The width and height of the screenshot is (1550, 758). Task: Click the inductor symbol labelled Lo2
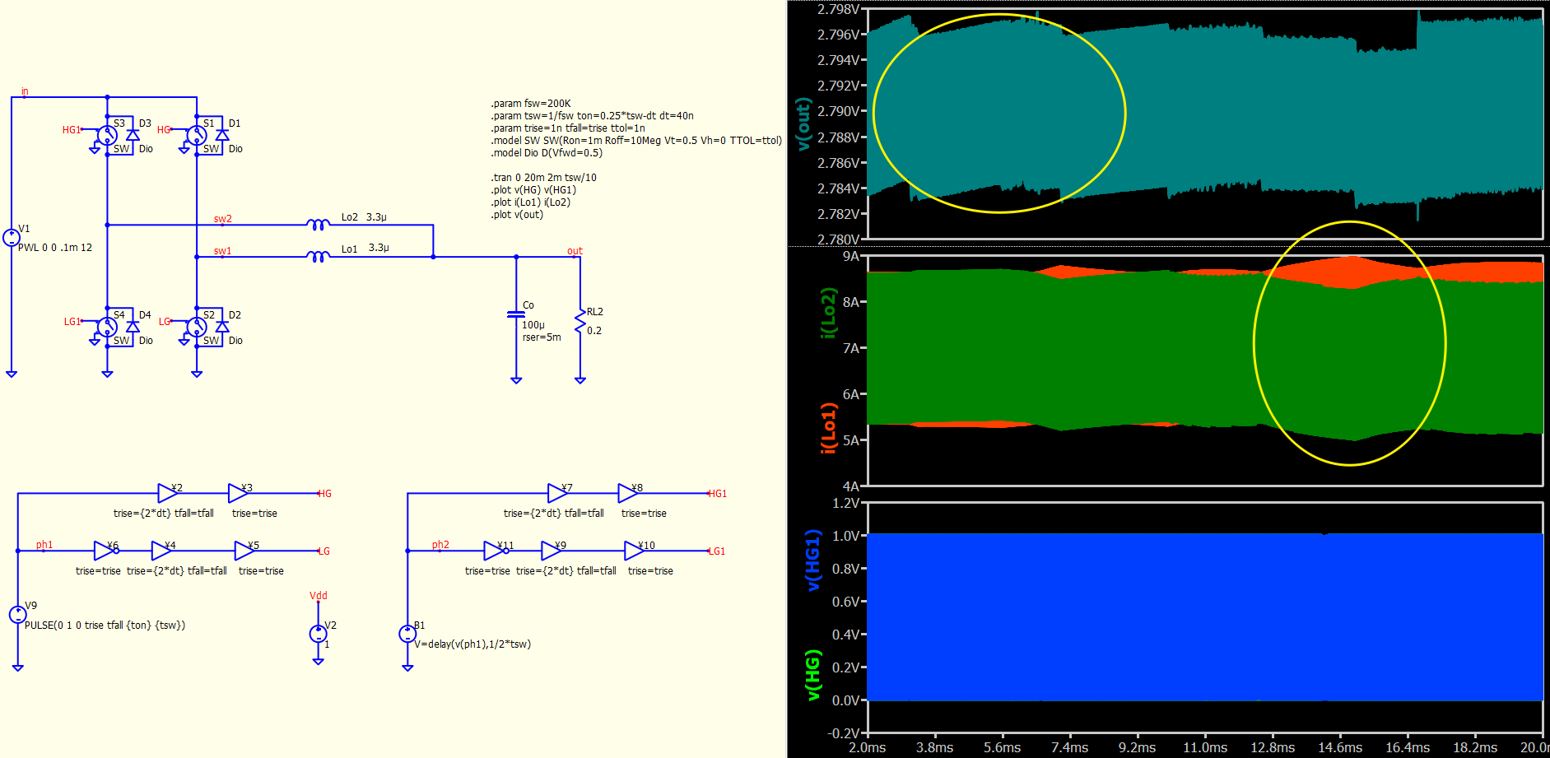click(318, 224)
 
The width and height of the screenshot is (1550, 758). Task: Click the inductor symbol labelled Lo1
click(318, 256)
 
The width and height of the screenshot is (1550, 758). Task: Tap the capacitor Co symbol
click(516, 314)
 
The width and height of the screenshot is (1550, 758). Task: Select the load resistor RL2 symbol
click(580, 323)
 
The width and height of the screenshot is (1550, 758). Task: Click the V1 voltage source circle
click(12, 237)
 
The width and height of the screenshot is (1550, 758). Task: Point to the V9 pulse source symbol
click(17, 614)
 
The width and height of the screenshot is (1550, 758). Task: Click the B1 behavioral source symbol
click(407, 634)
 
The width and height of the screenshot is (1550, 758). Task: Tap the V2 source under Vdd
click(318, 634)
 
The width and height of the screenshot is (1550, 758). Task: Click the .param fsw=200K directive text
click(531, 104)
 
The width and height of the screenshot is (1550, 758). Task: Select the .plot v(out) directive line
click(517, 215)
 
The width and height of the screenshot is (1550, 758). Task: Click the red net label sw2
click(222, 219)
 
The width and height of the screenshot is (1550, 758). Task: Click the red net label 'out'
click(575, 251)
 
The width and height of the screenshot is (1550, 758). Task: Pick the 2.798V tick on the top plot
click(838, 9)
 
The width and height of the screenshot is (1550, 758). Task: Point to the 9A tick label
click(850, 256)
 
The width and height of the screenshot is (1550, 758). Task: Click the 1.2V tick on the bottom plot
click(845, 503)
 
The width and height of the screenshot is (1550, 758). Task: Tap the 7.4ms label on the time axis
click(1069, 747)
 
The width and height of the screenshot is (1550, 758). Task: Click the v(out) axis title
click(803, 123)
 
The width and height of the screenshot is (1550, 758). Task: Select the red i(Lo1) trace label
click(828, 428)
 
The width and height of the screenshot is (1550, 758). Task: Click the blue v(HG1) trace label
click(812, 560)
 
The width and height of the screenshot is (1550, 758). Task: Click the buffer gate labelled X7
click(558, 493)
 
